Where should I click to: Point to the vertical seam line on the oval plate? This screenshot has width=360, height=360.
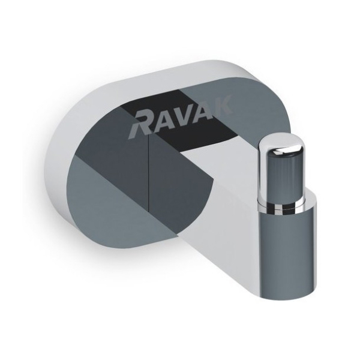[148, 180]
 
